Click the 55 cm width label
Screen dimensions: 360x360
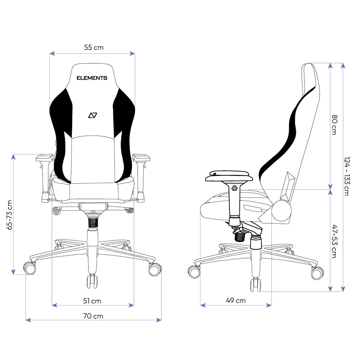point(94,47)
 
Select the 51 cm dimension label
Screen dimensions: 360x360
point(92,301)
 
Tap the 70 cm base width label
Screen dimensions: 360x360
point(93,316)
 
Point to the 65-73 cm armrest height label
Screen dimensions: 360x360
point(10,215)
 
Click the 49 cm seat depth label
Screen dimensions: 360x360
point(235,301)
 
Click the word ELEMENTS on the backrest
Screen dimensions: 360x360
point(92,78)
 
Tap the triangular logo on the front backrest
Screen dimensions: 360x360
point(92,115)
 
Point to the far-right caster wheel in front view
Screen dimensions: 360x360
point(155,269)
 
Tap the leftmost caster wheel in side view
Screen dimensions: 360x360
point(194,272)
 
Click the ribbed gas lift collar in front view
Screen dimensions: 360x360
point(93,222)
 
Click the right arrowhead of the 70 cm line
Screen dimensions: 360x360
point(159,320)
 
